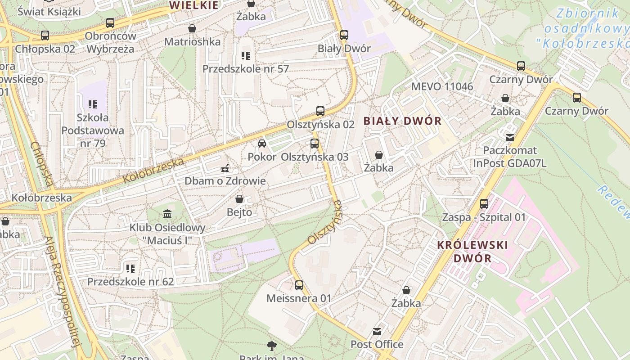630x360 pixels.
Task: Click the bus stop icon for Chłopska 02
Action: [45, 36]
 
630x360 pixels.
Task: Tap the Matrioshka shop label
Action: [192, 42]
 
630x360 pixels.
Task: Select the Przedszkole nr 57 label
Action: [245, 69]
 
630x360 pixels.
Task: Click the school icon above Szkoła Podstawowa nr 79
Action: [93, 104]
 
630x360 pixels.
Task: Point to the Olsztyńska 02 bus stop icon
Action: [320, 111]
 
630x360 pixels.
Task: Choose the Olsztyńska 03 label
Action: [315, 157]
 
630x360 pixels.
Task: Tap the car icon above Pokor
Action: [262, 144]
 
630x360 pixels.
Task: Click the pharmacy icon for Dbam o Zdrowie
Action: [225, 169]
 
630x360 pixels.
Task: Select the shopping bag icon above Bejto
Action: [239, 198]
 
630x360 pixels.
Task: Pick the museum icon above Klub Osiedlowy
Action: [167, 214]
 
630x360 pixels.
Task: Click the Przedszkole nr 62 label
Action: [130, 282]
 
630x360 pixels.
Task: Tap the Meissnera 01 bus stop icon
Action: [299, 285]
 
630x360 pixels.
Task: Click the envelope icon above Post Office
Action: [377, 332]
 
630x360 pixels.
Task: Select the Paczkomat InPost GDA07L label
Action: [510, 157]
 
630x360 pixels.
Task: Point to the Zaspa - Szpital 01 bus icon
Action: [484, 204]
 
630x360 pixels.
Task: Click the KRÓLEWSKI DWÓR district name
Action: [472, 252]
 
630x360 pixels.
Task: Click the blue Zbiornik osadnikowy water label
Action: [587, 28]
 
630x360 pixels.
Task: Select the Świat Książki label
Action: [49, 11]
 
